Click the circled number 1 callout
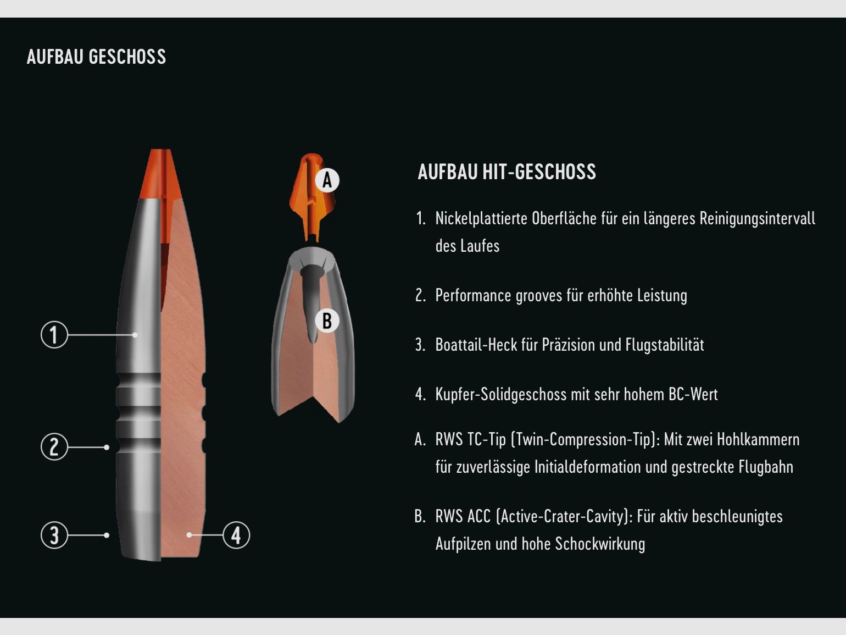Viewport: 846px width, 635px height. point(54,334)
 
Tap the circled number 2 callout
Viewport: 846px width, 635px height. point(54,446)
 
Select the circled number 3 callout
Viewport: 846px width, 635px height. point(54,535)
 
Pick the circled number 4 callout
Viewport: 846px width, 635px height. point(236,535)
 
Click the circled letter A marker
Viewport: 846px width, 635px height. point(327,180)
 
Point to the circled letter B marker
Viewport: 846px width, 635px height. point(327,321)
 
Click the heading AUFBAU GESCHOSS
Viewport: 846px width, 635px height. point(96,57)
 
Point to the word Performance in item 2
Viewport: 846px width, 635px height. point(473,296)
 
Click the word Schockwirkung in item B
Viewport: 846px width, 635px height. point(600,544)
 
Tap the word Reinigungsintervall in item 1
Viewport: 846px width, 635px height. point(757,219)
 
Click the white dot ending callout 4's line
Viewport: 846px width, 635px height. point(189,535)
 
